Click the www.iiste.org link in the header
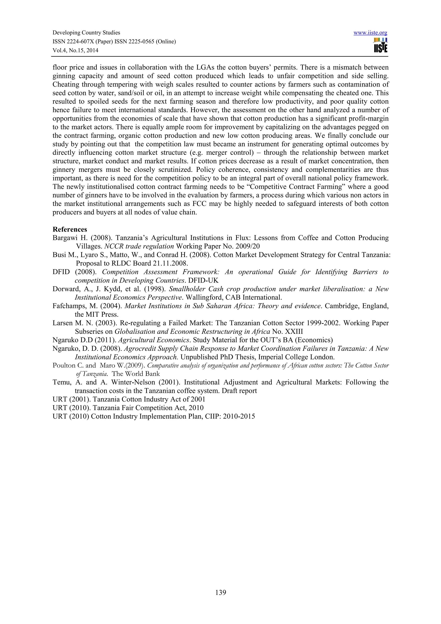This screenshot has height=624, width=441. point(370,33)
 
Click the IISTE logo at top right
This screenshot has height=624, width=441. point(380,45)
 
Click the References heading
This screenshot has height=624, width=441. point(70,229)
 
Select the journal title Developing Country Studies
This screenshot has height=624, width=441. point(86,33)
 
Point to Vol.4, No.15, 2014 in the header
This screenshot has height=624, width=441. point(75,50)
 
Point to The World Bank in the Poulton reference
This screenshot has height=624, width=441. point(136,374)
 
